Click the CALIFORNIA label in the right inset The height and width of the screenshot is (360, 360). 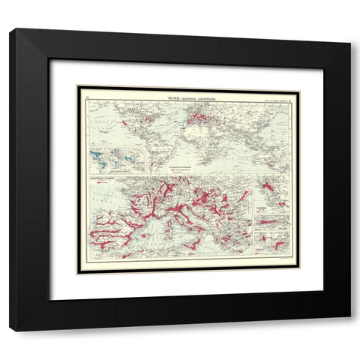[262, 201]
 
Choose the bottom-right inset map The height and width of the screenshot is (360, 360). [271, 242]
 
